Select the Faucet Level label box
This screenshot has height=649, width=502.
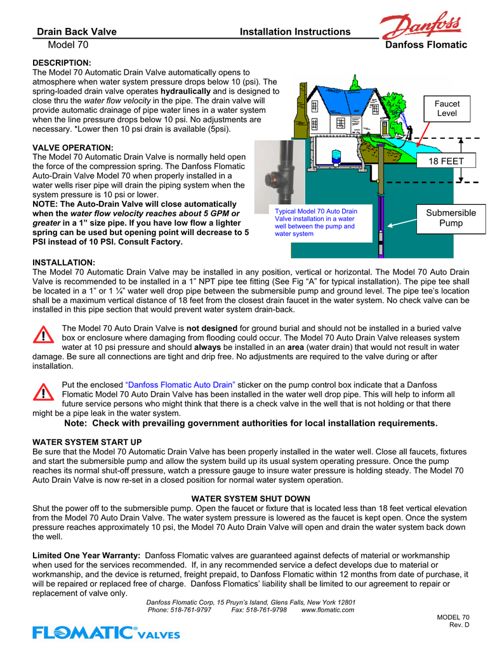pyautogui.click(x=447, y=108)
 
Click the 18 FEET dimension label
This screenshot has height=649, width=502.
pyautogui.click(x=446, y=161)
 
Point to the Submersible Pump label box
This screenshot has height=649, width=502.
pyautogui.click(x=446, y=217)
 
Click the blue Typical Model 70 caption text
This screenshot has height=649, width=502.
pyautogui.click(x=315, y=222)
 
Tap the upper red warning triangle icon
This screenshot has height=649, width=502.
pyautogui.click(x=43, y=334)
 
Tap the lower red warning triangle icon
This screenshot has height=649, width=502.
pyautogui.click(x=43, y=392)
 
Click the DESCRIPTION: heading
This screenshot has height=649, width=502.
pyautogui.click(x=62, y=63)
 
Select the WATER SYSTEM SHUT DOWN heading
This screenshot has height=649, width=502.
pyautogui.click(x=251, y=499)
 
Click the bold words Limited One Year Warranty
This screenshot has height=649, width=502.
pyautogui.click(x=86, y=555)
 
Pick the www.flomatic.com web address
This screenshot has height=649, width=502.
pyautogui.click(x=327, y=610)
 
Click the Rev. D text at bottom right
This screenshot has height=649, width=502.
pyautogui.click(x=458, y=626)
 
